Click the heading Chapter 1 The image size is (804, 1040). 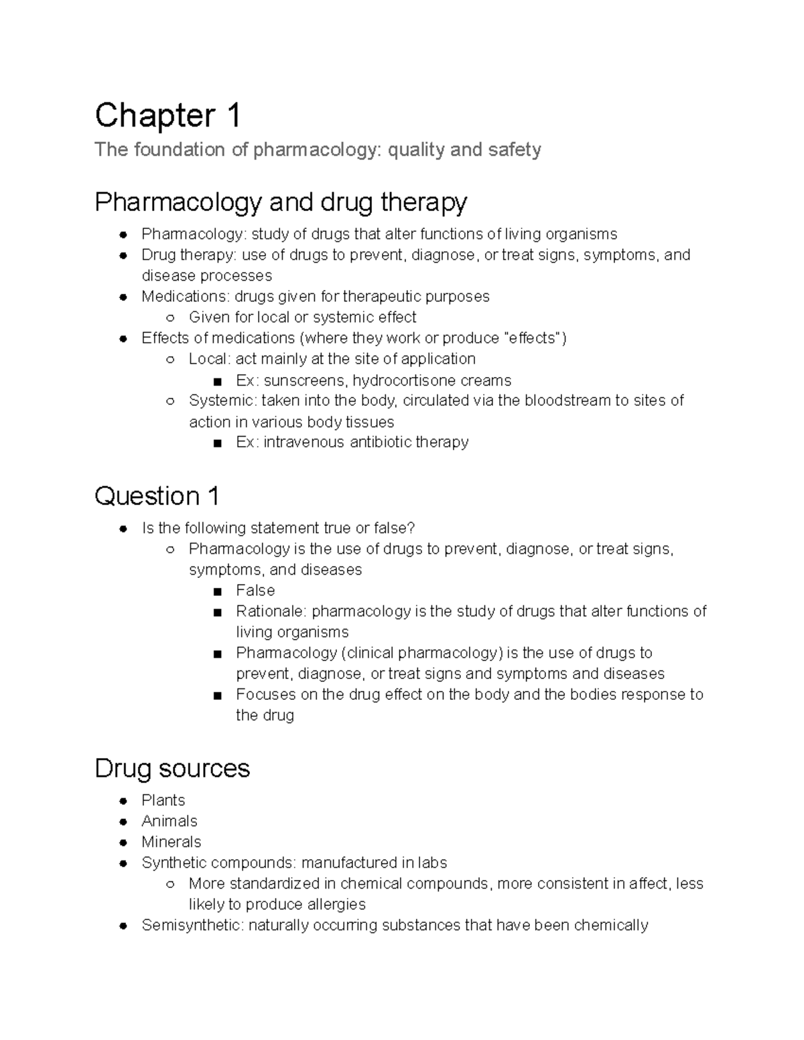pos(167,115)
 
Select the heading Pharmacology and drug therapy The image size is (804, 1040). pos(281,202)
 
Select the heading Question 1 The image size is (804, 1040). pos(157,496)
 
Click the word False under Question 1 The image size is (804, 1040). pos(255,590)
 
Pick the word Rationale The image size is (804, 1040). pos(271,611)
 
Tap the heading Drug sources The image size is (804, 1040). pos(172,768)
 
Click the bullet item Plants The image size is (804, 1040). pos(163,800)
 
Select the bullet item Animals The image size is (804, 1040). pos(169,821)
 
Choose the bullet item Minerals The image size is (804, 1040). pos(171,842)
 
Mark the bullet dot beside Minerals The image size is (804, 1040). pos(123,842)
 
